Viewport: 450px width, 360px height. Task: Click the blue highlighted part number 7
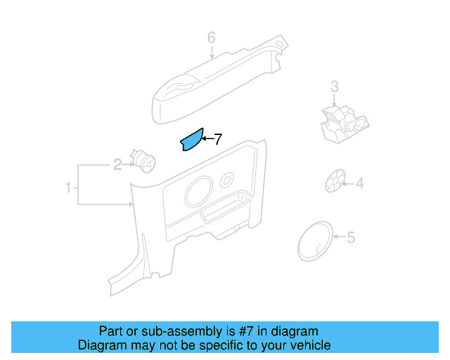(191, 140)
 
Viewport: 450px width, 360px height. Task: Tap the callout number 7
(218, 139)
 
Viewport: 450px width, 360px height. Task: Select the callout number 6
(211, 37)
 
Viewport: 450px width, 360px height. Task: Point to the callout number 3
(335, 86)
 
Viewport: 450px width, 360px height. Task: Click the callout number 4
(359, 184)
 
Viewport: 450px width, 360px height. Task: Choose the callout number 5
(351, 238)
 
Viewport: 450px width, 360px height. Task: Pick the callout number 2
(117, 165)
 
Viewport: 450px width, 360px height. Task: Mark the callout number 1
(68, 188)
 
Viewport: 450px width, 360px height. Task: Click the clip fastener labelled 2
(144, 161)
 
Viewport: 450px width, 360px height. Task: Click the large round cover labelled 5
(314, 240)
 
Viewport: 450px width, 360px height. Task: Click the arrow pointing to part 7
(207, 139)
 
